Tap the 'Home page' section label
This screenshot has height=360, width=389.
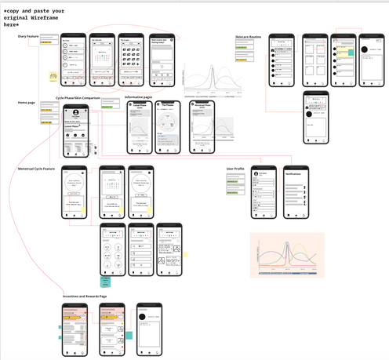[x=26, y=103]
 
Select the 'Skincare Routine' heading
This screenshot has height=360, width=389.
[x=249, y=36]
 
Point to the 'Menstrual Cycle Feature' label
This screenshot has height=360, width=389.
[x=37, y=169]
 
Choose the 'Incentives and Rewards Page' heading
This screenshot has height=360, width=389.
[x=85, y=296]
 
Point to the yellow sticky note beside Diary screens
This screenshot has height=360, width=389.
[x=53, y=76]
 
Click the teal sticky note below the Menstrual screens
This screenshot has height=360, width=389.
[x=105, y=280]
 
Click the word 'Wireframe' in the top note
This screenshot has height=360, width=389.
[x=48, y=17]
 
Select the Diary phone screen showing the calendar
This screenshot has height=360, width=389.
[x=103, y=60]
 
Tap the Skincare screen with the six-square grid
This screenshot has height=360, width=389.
[x=313, y=60]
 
